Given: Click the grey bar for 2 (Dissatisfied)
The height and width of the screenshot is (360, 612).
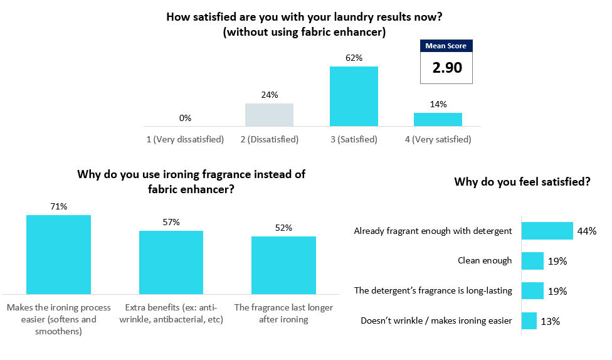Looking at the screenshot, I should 269,115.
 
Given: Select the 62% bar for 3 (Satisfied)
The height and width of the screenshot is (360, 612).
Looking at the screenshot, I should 354,96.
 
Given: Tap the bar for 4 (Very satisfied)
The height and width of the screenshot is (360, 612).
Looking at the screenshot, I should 438,119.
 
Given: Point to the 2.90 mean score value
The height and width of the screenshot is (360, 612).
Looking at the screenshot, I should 446,68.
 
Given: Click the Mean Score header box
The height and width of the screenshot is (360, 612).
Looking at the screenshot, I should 446,46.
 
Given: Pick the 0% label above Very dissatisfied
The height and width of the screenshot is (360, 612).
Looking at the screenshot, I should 185,118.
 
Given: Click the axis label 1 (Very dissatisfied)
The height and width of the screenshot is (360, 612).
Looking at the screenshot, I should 185,139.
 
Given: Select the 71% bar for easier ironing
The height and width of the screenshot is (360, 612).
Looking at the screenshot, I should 58,255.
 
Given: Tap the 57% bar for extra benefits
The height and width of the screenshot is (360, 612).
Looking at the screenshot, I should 171,262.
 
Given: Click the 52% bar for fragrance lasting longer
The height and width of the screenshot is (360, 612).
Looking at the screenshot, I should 283,265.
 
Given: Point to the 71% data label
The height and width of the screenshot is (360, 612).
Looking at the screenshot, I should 58,206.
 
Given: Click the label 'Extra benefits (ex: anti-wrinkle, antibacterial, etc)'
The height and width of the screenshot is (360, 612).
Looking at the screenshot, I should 171,313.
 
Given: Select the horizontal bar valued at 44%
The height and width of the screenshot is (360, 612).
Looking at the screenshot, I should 547,231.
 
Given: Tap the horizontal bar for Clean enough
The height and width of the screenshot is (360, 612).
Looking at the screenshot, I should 532,261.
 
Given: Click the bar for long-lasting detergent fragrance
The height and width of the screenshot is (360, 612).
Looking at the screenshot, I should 532,291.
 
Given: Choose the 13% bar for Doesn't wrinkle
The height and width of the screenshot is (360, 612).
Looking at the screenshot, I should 529,321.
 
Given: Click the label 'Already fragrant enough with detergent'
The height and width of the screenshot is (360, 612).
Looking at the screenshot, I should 433,231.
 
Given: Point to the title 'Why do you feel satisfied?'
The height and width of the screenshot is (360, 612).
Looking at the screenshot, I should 522,183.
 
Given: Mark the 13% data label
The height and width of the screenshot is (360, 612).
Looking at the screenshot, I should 551,321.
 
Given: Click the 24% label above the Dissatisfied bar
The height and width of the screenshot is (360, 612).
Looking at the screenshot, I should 269,95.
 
